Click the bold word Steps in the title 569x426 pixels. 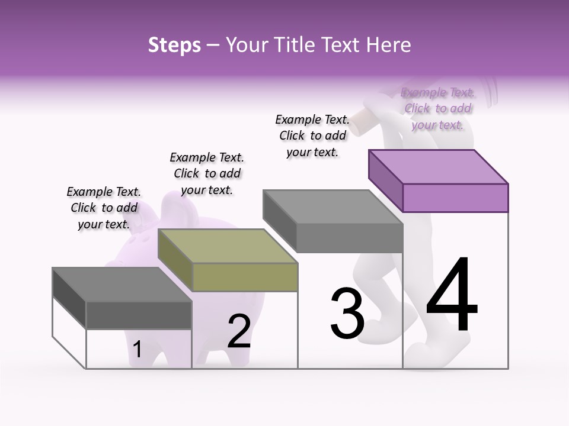(174, 45)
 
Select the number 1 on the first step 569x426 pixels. (137, 350)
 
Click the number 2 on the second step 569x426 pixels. (239, 331)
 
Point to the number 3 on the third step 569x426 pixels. (347, 314)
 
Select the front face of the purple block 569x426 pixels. (455, 198)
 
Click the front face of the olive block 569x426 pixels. (245, 277)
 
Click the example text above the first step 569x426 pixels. (104, 208)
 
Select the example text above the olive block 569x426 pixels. (207, 173)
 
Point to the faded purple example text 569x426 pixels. (438, 108)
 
